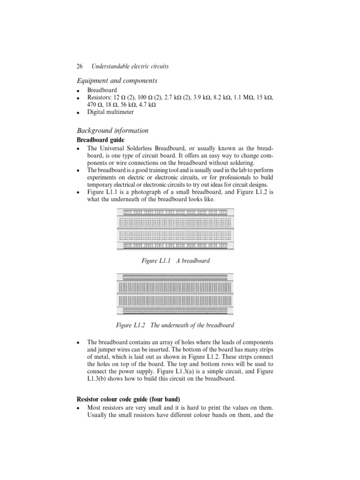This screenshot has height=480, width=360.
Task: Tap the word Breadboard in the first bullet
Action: pos(102,90)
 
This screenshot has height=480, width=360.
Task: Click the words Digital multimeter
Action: pos(110,112)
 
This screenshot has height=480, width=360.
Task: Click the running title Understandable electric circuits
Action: pos(130,67)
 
